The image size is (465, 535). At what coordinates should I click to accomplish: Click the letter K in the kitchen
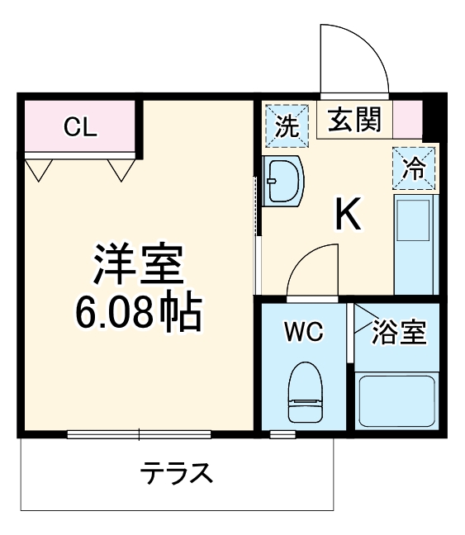click(348, 215)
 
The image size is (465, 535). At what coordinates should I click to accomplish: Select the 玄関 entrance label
click(355, 122)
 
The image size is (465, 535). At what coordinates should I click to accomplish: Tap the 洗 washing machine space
click(286, 125)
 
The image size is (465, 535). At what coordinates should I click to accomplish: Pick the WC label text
click(304, 333)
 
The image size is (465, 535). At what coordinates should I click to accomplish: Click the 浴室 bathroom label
click(399, 333)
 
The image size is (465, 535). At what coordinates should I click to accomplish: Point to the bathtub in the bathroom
click(396, 400)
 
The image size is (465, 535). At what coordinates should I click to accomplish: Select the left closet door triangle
click(37, 169)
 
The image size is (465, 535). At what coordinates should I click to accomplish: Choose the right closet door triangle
click(121, 169)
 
